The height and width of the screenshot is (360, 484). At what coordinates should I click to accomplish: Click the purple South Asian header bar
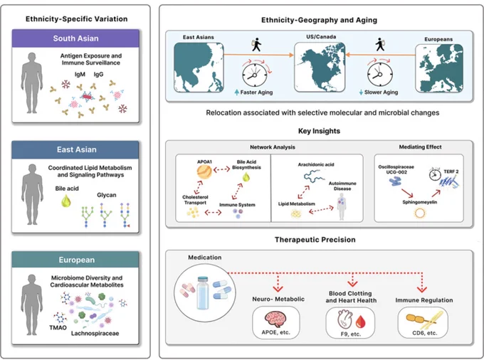(x=75, y=38)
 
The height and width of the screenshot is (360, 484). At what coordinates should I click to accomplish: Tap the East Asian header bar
(x=75, y=149)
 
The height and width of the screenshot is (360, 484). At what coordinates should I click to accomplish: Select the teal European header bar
(x=75, y=260)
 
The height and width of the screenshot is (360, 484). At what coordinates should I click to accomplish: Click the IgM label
(x=80, y=74)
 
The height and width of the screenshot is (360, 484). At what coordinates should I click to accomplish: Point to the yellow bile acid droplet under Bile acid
(x=66, y=201)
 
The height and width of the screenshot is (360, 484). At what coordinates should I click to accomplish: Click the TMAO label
(x=58, y=327)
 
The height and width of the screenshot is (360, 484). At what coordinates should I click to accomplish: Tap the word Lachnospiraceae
(x=95, y=333)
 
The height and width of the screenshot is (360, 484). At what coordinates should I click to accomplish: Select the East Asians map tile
(x=199, y=68)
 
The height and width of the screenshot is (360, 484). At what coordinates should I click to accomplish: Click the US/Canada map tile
(x=320, y=67)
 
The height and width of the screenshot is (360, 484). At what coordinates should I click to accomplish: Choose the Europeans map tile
(x=439, y=68)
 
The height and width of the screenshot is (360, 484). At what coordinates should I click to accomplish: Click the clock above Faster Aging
(x=255, y=75)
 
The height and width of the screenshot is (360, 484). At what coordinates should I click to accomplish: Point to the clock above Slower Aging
(x=380, y=74)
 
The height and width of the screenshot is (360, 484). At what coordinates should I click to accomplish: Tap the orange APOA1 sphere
(x=204, y=172)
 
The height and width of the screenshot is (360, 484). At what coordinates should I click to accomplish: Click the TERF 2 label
(x=451, y=171)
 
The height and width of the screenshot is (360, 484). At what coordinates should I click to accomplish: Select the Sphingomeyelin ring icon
(x=420, y=213)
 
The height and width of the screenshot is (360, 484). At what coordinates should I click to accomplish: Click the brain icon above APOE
(x=275, y=319)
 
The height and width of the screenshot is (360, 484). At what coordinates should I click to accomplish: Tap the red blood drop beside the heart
(x=361, y=322)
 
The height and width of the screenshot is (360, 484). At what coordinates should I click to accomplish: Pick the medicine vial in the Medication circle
(x=203, y=292)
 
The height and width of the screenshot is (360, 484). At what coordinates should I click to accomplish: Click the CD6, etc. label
(x=424, y=333)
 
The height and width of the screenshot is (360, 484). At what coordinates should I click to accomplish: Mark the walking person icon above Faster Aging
(x=256, y=44)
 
